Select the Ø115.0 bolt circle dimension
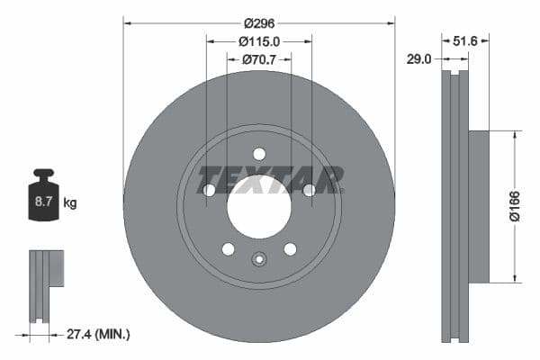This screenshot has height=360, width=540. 259,41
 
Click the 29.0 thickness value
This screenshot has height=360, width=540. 419,59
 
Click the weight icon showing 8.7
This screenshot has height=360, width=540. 43,198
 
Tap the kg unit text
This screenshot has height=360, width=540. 70,202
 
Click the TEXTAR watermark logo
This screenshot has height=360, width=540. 270,179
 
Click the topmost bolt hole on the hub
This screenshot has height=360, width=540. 259,153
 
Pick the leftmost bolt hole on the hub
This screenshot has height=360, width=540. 209,190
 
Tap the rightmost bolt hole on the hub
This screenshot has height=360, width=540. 309,190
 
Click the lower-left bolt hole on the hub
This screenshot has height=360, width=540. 228,248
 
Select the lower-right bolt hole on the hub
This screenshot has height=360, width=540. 290,248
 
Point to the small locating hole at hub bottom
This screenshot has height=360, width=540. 259,261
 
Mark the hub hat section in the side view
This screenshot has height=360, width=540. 478,205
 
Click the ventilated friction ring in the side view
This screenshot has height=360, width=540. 454,205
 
